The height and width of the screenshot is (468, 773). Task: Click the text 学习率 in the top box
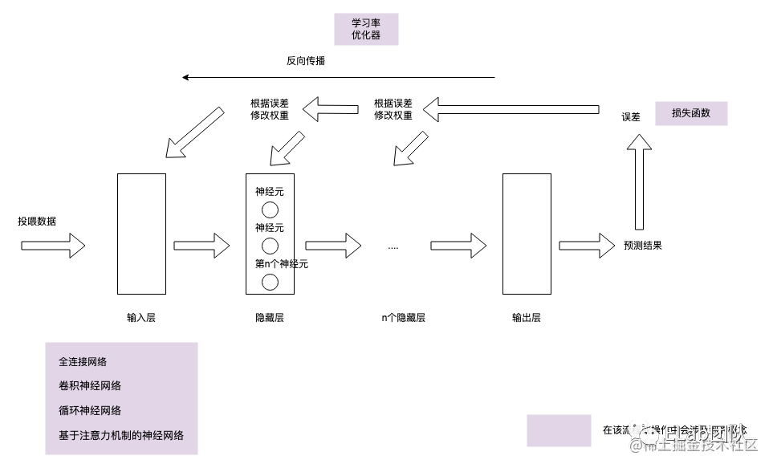366,23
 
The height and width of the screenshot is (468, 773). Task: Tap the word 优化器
366,35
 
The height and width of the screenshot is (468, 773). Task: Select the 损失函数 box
691,113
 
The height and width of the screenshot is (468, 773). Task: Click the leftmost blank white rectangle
141,234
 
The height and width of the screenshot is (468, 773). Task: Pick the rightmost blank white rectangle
527,234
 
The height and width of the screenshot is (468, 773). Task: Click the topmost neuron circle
270,210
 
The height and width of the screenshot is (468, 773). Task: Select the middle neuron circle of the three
270,246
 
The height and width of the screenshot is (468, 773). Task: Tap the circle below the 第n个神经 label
270,282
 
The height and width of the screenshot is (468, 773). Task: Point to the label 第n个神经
274,264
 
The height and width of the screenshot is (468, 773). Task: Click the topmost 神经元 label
270,192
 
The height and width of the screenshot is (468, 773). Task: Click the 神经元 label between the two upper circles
270,228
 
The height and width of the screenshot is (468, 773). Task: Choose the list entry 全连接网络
83,362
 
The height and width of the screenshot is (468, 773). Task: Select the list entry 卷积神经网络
90,386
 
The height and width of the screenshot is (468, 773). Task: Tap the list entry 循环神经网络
90,411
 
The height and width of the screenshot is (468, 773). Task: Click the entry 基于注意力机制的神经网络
121,436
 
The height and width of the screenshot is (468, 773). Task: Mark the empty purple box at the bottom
559,430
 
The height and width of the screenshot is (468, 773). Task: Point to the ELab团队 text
705,431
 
